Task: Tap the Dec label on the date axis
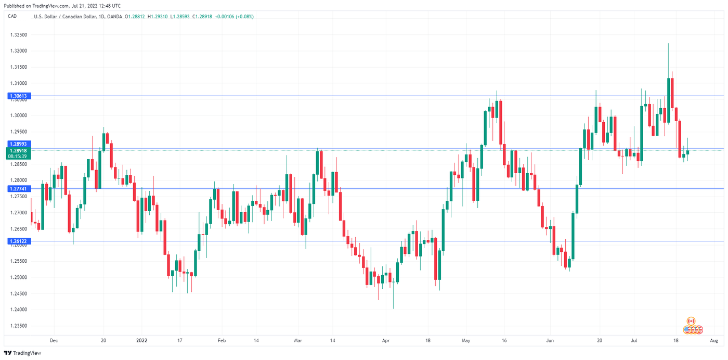[x=54, y=341]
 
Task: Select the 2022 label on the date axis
[x=141, y=341]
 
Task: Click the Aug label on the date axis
[x=714, y=341]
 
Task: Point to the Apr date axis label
[x=385, y=341]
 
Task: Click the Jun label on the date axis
[x=550, y=341]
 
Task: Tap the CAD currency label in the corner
[x=12, y=16]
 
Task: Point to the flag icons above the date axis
[x=693, y=326]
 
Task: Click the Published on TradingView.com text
[x=62, y=5]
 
